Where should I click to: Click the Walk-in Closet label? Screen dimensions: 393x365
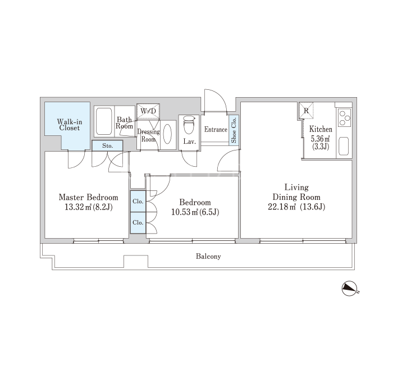click(x=70, y=125)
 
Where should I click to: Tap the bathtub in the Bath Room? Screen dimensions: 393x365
click(x=104, y=121)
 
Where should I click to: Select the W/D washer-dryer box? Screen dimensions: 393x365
click(x=148, y=111)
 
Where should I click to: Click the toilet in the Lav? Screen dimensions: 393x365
click(x=189, y=125)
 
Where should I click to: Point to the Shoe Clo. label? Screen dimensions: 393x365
click(x=234, y=130)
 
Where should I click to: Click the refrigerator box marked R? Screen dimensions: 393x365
click(x=306, y=110)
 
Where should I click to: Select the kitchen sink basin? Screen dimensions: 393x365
click(x=344, y=146)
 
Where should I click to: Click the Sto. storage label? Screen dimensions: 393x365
click(x=108, y=145)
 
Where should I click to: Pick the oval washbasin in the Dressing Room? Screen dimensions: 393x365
click(x=167, y=134)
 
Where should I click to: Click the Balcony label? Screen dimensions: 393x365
click(x=208, y=257)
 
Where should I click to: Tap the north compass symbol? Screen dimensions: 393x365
click(x=350, y=289)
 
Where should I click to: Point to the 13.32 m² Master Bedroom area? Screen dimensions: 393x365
click(x=77, y=207)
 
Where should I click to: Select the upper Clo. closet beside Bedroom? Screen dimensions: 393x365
click(x=138, y=201)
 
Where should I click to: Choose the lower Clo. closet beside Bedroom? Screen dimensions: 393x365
click(x=138, y=222)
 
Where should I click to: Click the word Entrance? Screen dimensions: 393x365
click(x=216, y=129)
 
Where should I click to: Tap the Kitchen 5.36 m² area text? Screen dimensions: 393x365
click(x=320, y=138)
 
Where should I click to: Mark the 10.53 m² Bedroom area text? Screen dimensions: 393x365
click(x=185, y=212)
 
